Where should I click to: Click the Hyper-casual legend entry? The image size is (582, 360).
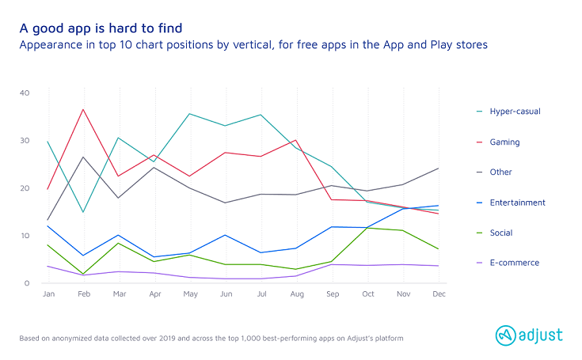tap(515, 112)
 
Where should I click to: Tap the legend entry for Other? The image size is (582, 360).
tap(501, 172)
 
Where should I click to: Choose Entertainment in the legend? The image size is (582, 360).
tap(517, 203)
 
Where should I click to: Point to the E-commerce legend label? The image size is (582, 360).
tap(513, 263)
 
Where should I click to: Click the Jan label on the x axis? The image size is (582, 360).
tap(48, 294)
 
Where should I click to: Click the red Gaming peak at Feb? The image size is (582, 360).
tap(83, 109)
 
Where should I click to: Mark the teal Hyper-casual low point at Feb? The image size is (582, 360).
tap(83, 212)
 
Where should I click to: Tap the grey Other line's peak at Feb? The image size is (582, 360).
tap(83, 157)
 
